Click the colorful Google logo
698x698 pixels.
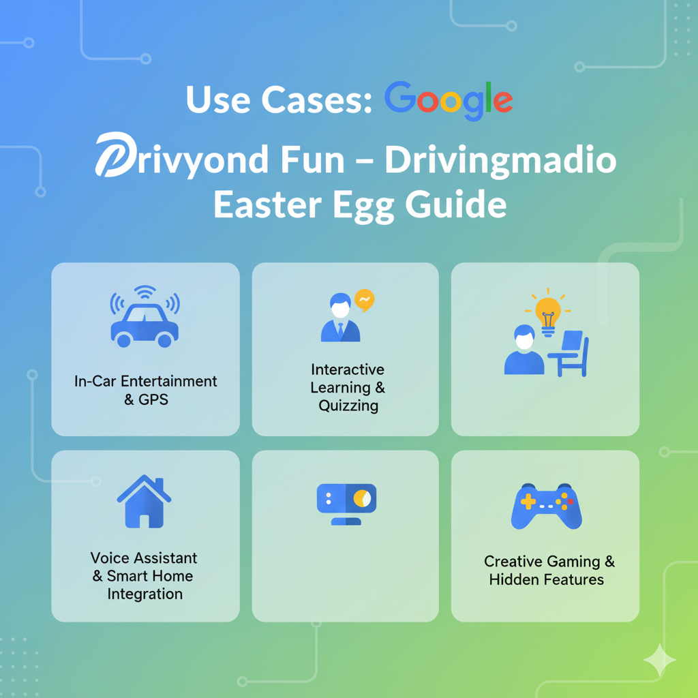click(449, 101)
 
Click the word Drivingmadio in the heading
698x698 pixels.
click(500, 161)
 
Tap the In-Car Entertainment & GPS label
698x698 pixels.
click(146, 390)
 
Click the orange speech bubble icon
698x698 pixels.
click(364, 300)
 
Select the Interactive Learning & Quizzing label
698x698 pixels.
click(348, 387)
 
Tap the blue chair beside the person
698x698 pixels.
click(570, 354)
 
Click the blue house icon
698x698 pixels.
click(144, 501)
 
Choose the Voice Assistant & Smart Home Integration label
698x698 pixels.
click(144, 575)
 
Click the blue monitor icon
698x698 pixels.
click(346, 504)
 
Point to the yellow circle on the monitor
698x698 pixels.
click(362, 498)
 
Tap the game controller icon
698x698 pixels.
click(546, 506)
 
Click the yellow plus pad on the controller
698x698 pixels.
click(528, 502)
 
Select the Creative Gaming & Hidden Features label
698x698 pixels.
click(549, 571)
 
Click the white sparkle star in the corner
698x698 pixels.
click(660, 660)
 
